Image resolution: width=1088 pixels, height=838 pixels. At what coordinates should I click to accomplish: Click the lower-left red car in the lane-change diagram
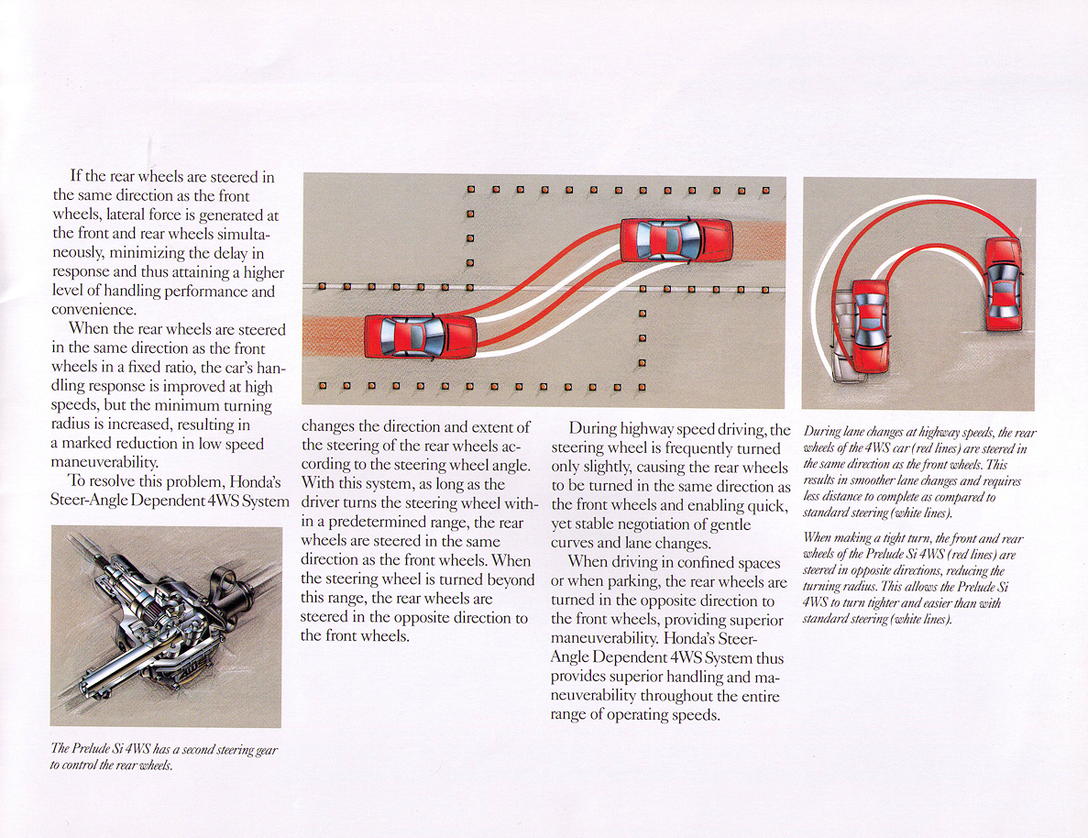421,336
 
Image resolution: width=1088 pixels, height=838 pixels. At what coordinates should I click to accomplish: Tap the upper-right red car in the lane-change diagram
676,240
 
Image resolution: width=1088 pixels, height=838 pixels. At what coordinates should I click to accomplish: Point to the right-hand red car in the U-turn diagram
1002,284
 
